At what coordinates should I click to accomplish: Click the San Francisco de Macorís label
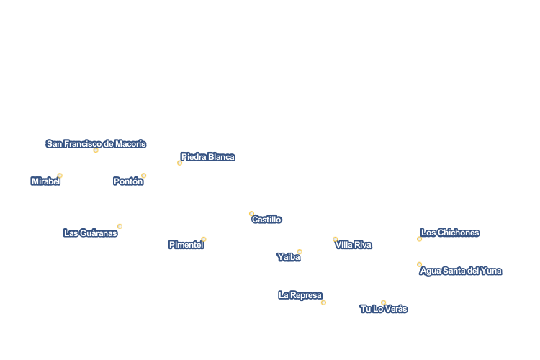tap(96, 144)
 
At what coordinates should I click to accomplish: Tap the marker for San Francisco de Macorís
tap(96, 150)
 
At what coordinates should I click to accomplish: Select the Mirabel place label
tap(45, 181)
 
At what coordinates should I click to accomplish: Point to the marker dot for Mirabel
tap(60, 176)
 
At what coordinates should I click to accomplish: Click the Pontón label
tap(127, 181)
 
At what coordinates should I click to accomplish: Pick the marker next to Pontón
tap(144, 176)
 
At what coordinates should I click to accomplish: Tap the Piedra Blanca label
tap(207, 157)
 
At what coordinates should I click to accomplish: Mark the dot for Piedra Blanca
tap(180, 163)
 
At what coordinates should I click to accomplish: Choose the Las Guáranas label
tap(90, 233)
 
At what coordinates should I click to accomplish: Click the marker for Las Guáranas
tap(120, 226)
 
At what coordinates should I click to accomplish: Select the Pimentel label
tap(186, 245)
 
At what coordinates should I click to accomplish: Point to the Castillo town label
tap(266, 220)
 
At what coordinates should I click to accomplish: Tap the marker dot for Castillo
tap(251, 214)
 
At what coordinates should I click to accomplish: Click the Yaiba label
tap(288, 257)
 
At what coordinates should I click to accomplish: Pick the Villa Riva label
tap(353, 245)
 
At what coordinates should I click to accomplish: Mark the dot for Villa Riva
tap(336, 239)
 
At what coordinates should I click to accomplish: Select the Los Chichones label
tap(449, 233)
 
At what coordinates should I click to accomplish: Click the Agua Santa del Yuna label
tap(461, 271)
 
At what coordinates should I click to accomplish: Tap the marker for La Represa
tap(323, 302)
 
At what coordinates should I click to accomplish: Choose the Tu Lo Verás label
tap(383, 309)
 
